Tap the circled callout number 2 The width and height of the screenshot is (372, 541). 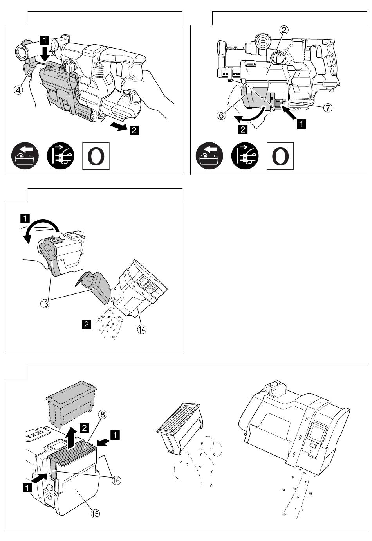pos(284,30)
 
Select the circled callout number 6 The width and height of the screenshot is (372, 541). pos(221,115)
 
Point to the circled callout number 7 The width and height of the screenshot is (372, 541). pos(327,108)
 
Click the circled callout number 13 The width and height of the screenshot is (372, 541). pos(45,303)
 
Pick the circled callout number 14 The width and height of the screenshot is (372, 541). pos(142,329)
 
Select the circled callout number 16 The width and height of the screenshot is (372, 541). pos(116,480)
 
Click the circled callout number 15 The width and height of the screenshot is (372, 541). pos(96,514)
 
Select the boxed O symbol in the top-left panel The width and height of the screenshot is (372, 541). pos(96,156)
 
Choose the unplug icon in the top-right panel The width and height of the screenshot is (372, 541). pos(245,156)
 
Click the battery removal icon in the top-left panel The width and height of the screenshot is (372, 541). pos(25,156)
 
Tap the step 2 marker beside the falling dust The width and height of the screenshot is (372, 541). pos(87,324)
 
